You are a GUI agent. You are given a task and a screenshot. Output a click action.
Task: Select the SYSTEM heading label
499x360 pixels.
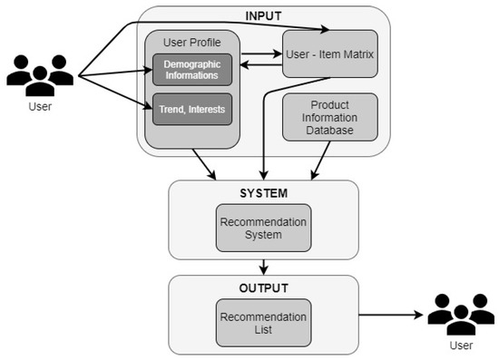[x=263, y=192]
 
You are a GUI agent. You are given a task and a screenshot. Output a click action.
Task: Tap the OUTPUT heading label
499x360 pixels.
[x=263, y=288]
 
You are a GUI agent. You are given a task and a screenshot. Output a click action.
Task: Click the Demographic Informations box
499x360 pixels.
[x=192, y=70]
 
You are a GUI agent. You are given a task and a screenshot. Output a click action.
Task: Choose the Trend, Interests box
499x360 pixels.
[x=192, y=110]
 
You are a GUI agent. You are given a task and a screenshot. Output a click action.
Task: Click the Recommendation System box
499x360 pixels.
[x=263, y=228]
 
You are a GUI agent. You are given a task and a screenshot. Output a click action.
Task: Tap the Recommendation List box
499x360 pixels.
[x=263, y=322]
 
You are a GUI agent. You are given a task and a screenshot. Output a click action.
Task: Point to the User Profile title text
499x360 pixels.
[x=192, y=42]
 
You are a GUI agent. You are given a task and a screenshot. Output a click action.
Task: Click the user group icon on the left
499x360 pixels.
[x=39, y=75]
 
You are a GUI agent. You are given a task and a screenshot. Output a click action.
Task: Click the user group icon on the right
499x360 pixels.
[x=461, y=314]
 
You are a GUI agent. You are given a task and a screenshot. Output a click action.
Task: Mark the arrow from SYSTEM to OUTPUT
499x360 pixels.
[x=263, y=266]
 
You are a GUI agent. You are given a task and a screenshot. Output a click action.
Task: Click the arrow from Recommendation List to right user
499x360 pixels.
[x=390, y=316]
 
